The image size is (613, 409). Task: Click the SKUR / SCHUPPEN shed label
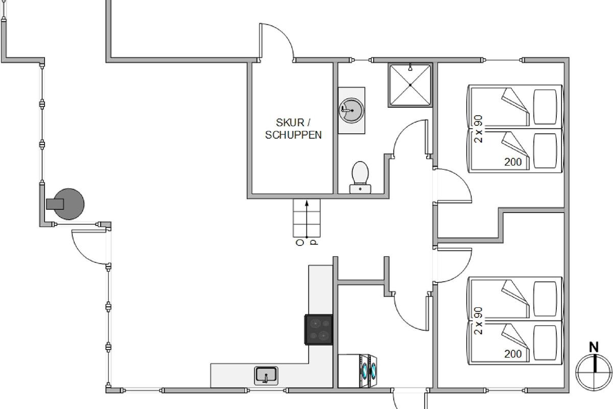(293, 129)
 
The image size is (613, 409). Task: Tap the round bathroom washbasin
(351, 110)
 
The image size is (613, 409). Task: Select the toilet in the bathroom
(360, 177)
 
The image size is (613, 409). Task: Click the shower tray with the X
(410, 85)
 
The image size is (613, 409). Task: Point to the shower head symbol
(410, 67)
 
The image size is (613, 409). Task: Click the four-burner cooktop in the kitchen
(319, 330)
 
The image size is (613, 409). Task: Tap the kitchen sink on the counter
(266, 375)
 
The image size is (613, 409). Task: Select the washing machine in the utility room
(358, 371)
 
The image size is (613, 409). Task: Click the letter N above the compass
(594, 347)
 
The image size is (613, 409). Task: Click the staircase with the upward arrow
(306, 218)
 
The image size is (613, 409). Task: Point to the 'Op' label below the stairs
(307, 242)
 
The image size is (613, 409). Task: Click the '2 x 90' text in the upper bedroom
(478, 129)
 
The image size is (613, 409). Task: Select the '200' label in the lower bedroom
(513, 354)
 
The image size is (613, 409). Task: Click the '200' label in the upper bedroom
(513, 162)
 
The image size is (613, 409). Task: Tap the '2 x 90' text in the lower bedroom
(478, 321)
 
